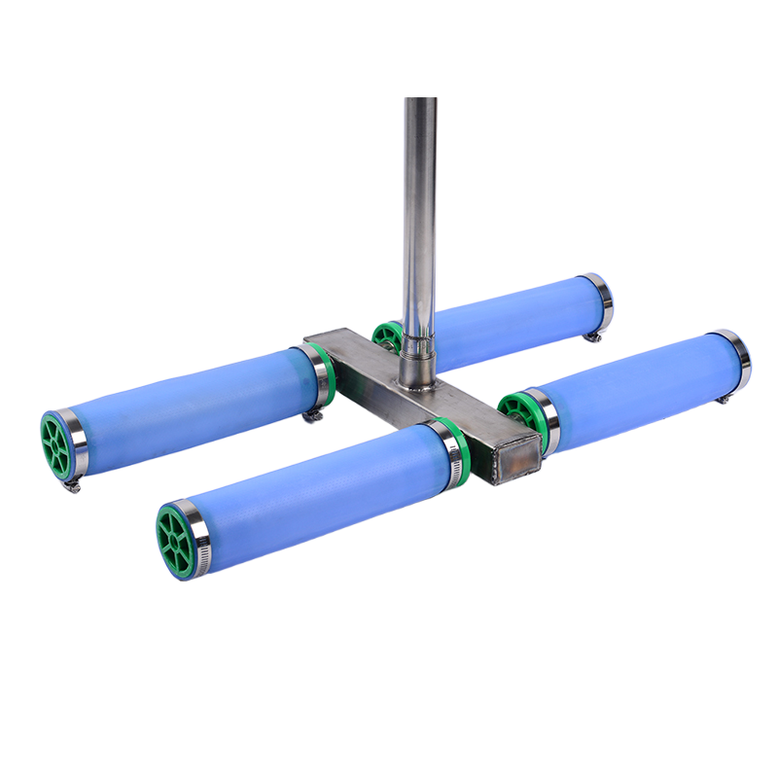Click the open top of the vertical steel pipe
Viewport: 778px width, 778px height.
[x=419, y=98]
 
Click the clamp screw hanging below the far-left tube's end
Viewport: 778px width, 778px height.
[x=70, y=483]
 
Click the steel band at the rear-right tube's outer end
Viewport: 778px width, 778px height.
[x=600, y=300]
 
